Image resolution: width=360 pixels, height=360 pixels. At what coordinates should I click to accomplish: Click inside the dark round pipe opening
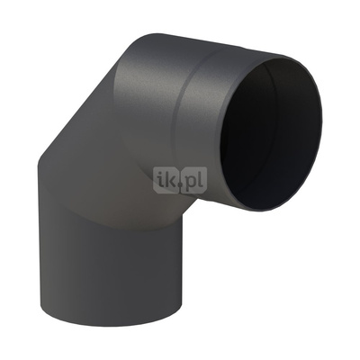pos(270,135)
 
